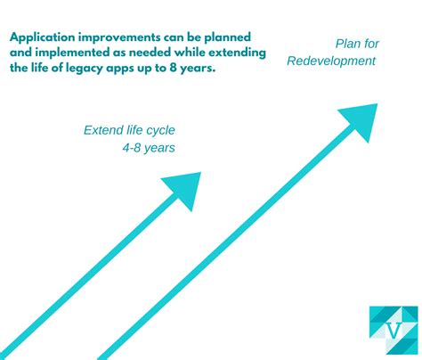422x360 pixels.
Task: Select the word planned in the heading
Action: coord(228,37)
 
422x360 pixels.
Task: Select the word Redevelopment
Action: coord(331,61)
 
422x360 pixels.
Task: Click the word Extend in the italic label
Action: coord(103,130)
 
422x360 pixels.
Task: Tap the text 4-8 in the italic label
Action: coord(134,148)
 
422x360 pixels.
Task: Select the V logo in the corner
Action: coord(394,329)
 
